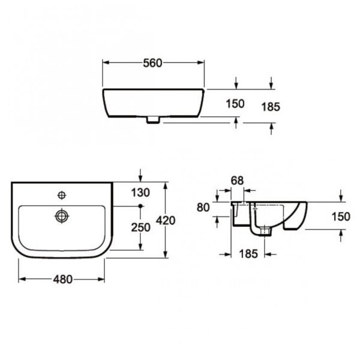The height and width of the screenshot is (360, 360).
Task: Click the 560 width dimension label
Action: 152,63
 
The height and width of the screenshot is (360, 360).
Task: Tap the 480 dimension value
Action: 62,280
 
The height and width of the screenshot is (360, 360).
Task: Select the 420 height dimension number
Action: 166,221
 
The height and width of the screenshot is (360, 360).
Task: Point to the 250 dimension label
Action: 140,227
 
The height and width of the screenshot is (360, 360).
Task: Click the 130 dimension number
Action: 140,193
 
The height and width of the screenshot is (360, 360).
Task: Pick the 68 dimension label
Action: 237,181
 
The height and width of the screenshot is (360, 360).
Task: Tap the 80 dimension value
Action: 203,208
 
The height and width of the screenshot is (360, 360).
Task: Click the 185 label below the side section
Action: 248,254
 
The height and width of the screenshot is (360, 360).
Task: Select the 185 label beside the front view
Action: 271,107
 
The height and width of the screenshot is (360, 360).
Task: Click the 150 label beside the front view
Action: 235,104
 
